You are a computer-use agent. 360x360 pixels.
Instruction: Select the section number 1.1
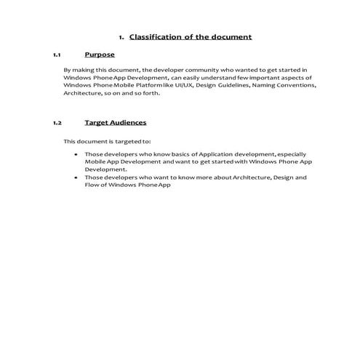[x=57, y=55]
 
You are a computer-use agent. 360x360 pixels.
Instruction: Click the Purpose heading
[x=100, y=54]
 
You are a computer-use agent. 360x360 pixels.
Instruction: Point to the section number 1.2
[x=57, y=123]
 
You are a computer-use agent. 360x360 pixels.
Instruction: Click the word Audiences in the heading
[x=125, y=122]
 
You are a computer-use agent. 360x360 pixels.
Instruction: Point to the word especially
[x=290, y=154]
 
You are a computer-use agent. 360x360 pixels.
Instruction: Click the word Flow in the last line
[x=92, y=185]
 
